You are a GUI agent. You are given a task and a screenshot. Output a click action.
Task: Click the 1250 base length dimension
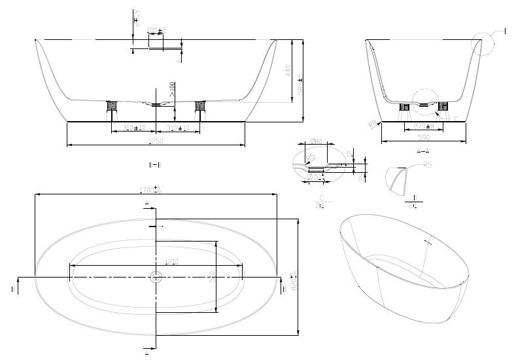click(x=156, y=140)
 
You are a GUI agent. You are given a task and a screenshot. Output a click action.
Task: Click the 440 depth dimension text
click(x=288, y=71)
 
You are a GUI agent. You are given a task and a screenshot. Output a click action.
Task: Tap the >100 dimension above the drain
click(x=172, y=90)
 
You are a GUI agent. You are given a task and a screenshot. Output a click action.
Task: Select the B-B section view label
click(x=155, y=165)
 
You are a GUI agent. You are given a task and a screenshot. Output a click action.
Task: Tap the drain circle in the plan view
click(x=156, y=278)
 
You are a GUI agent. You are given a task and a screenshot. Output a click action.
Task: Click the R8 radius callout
click(x=373, y=124)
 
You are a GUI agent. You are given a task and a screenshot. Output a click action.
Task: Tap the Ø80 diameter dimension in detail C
click(x=315, y=141)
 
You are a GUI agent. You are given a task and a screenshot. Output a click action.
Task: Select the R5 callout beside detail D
click(x=427, y=166)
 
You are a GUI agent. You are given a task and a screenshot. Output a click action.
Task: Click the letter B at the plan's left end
click(x=13, y=288)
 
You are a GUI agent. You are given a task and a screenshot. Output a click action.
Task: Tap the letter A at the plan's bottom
click(x=146, y=354)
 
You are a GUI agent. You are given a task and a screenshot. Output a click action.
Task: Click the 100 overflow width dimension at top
click(x=156, y=31)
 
